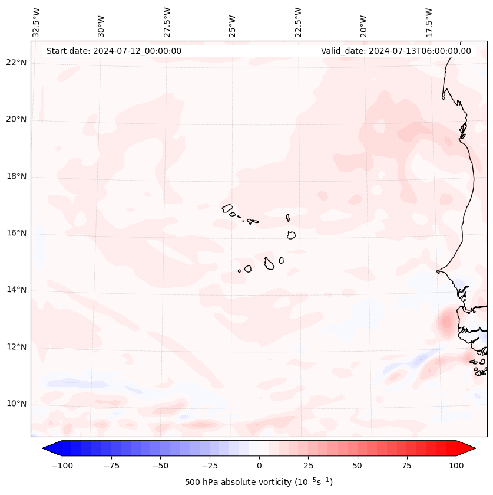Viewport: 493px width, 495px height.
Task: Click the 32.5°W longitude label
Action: coord(37,22)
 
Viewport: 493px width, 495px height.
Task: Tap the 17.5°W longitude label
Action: coord(429,22)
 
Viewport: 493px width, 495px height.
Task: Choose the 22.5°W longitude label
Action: coord(298,22)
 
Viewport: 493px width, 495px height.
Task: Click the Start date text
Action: coord(114,51)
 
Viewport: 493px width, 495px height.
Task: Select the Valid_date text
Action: coord(396,51)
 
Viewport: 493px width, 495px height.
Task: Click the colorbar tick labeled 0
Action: coord(259,466)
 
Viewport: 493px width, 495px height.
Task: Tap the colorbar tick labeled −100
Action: coord(62,466)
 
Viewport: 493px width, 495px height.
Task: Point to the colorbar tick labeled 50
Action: coord(358,466)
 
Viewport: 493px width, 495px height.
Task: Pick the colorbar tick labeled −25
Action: coord(209,466)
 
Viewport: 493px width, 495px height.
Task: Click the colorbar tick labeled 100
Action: coord(456,466)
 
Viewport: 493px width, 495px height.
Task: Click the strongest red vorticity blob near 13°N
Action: coord(446,322)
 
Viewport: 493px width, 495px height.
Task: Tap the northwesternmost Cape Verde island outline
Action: coord(227,208)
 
